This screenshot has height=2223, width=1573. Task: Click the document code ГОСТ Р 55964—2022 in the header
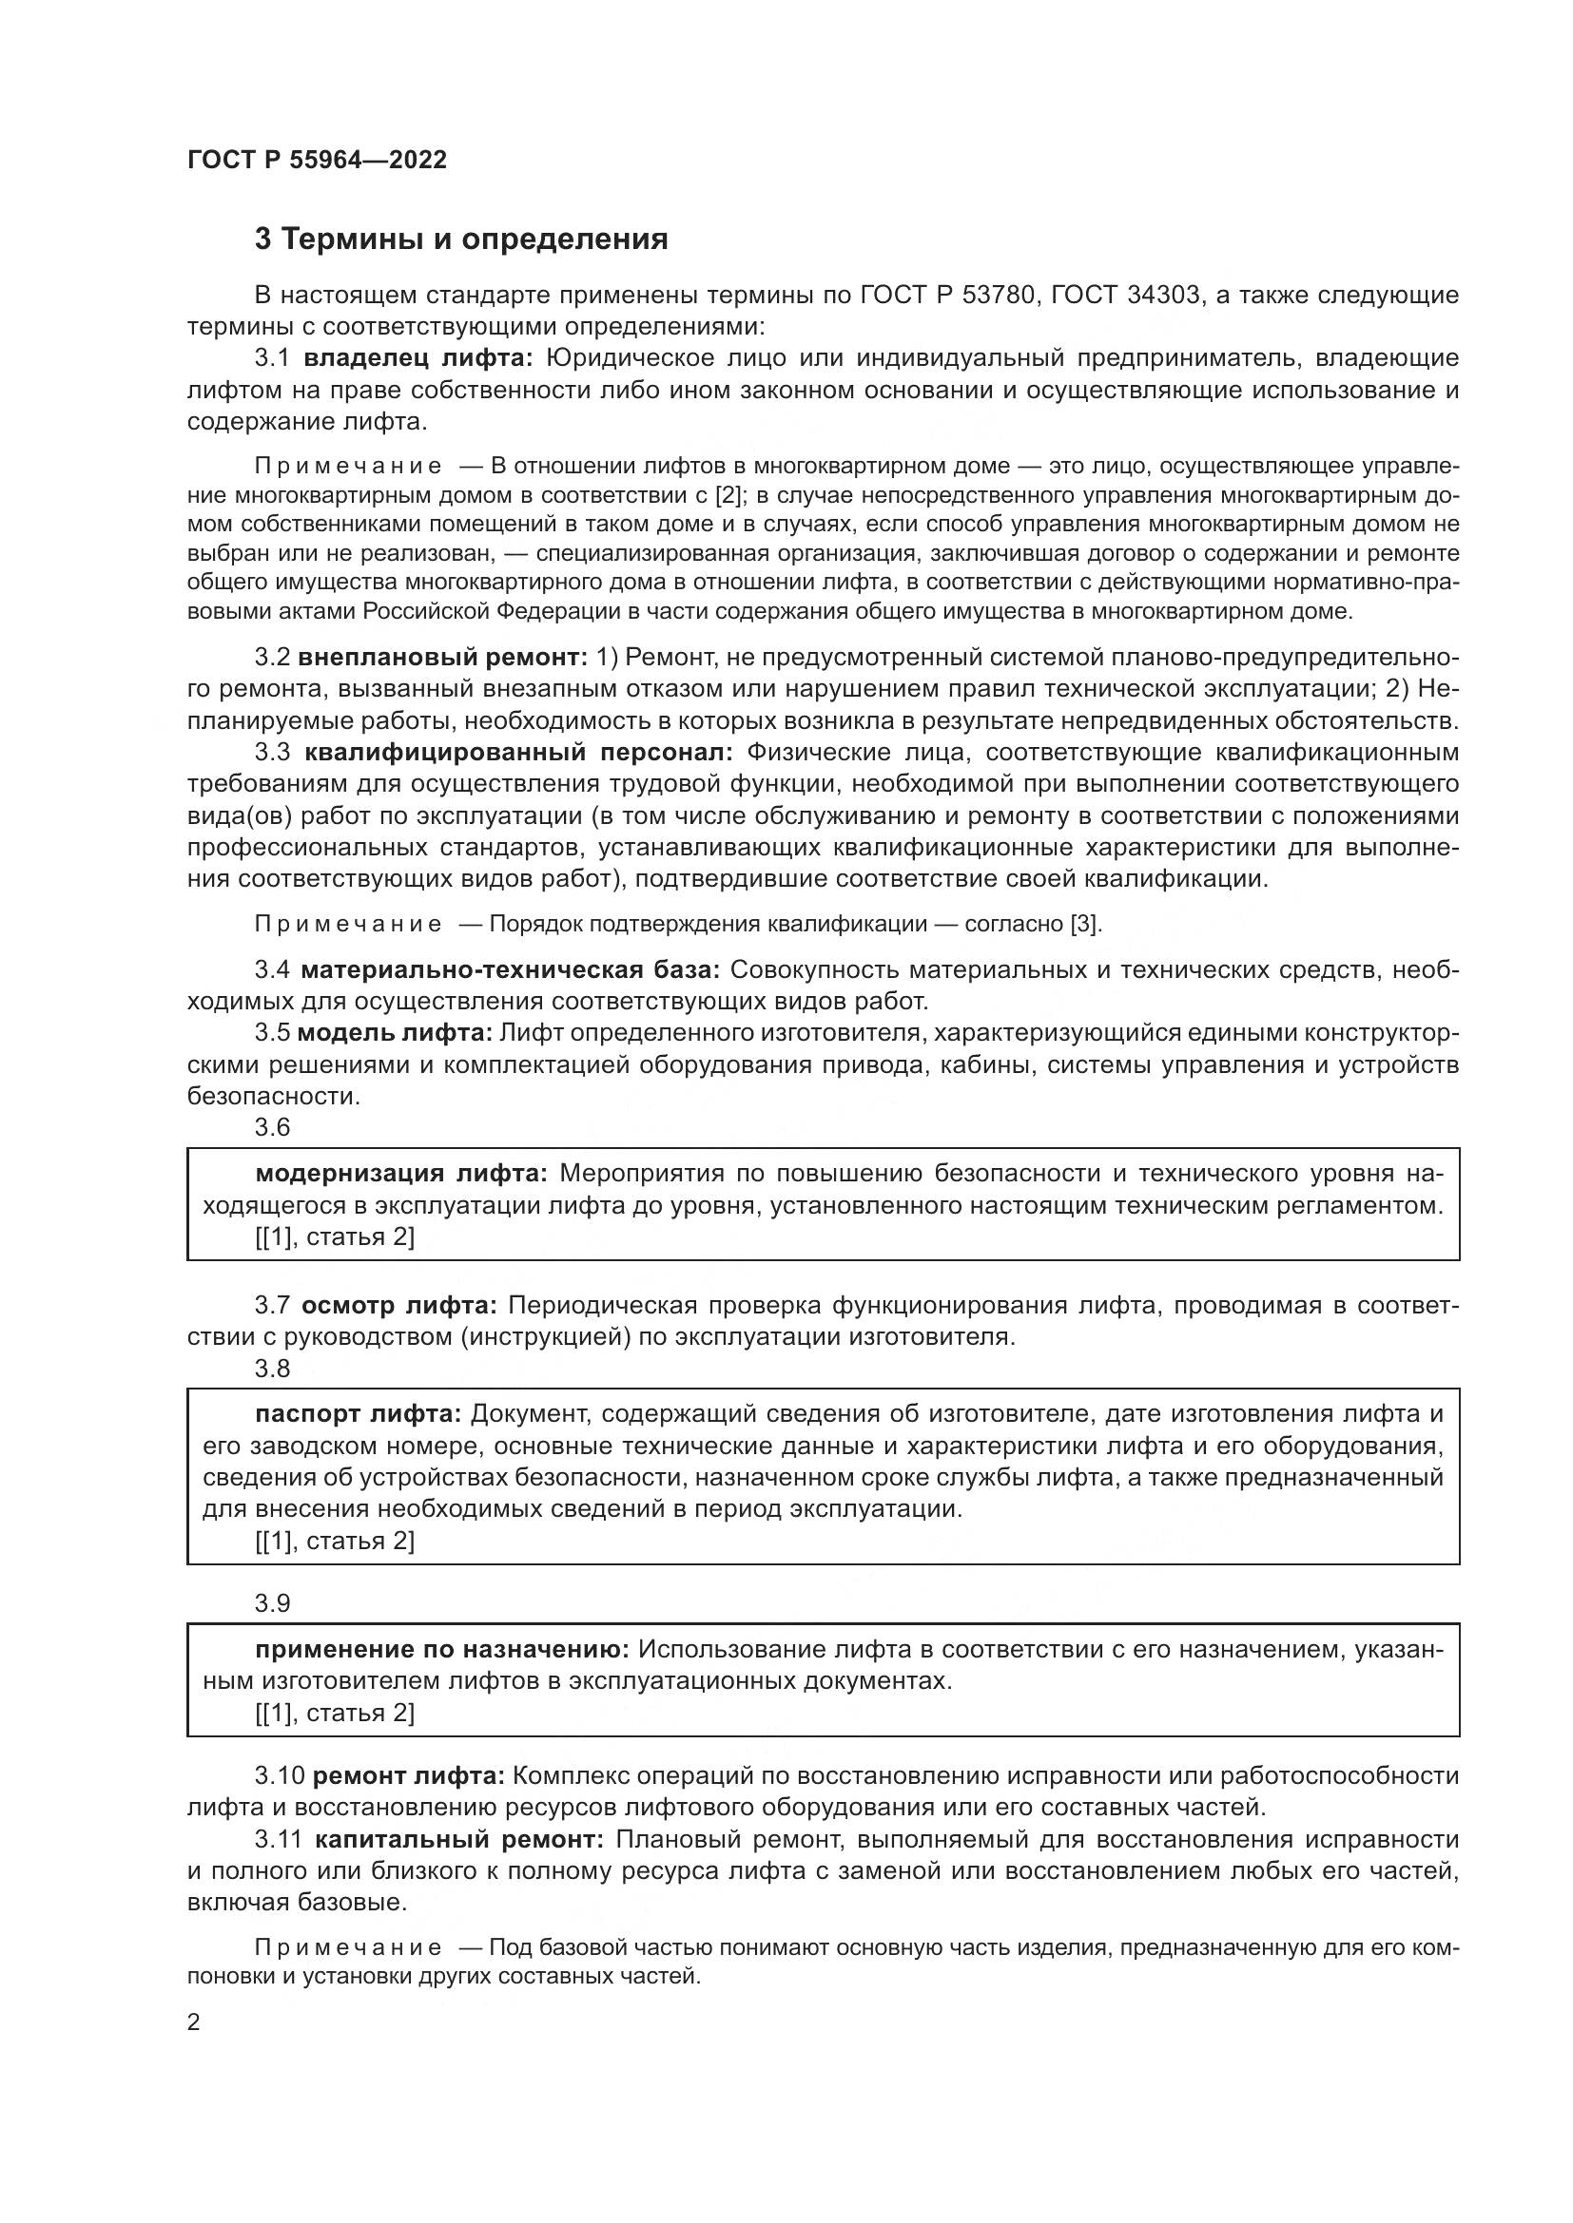point(317,160)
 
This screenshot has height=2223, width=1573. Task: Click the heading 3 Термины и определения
point(461,240)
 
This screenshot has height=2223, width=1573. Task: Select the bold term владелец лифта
point(418,358)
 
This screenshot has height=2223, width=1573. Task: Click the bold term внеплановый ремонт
point(442,658)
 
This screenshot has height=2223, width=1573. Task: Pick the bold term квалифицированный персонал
point(519,753)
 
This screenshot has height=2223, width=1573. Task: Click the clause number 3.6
point(272,1127)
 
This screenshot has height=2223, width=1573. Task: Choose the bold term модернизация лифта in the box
point(401,1175)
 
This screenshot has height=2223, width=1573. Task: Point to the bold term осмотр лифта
point(399,1306)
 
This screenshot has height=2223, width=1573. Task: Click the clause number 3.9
point(272,1603)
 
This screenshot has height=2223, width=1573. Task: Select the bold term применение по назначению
point(442,1650)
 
